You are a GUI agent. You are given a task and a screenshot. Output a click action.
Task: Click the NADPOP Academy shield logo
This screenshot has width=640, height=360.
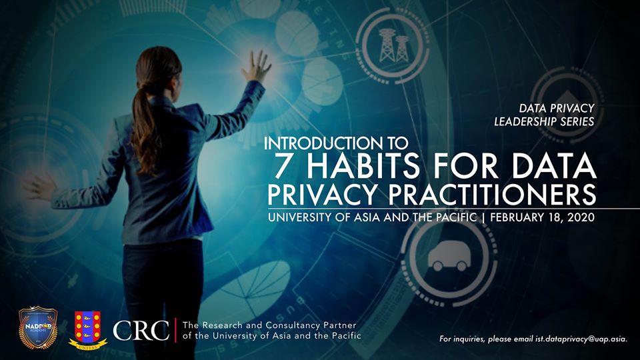pos(37,327)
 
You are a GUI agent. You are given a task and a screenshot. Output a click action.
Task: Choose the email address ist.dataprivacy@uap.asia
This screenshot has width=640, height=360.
pos(581,339)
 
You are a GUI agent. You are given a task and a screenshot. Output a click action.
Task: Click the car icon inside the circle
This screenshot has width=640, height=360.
pos(449,257)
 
